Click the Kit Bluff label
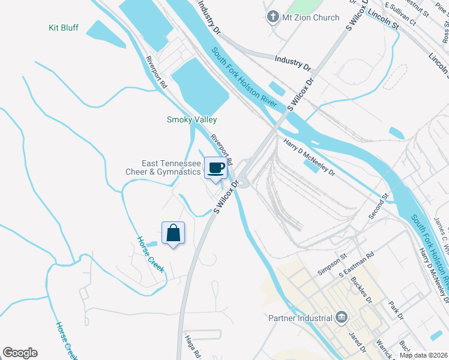point(64,28)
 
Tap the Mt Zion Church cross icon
point(273,17)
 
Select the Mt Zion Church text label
point(310,17)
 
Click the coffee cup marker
point(216,167)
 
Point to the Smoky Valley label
point(191,119)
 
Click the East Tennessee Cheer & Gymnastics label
point(163,167)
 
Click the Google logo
point(20,353)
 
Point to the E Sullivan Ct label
point(400,13)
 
